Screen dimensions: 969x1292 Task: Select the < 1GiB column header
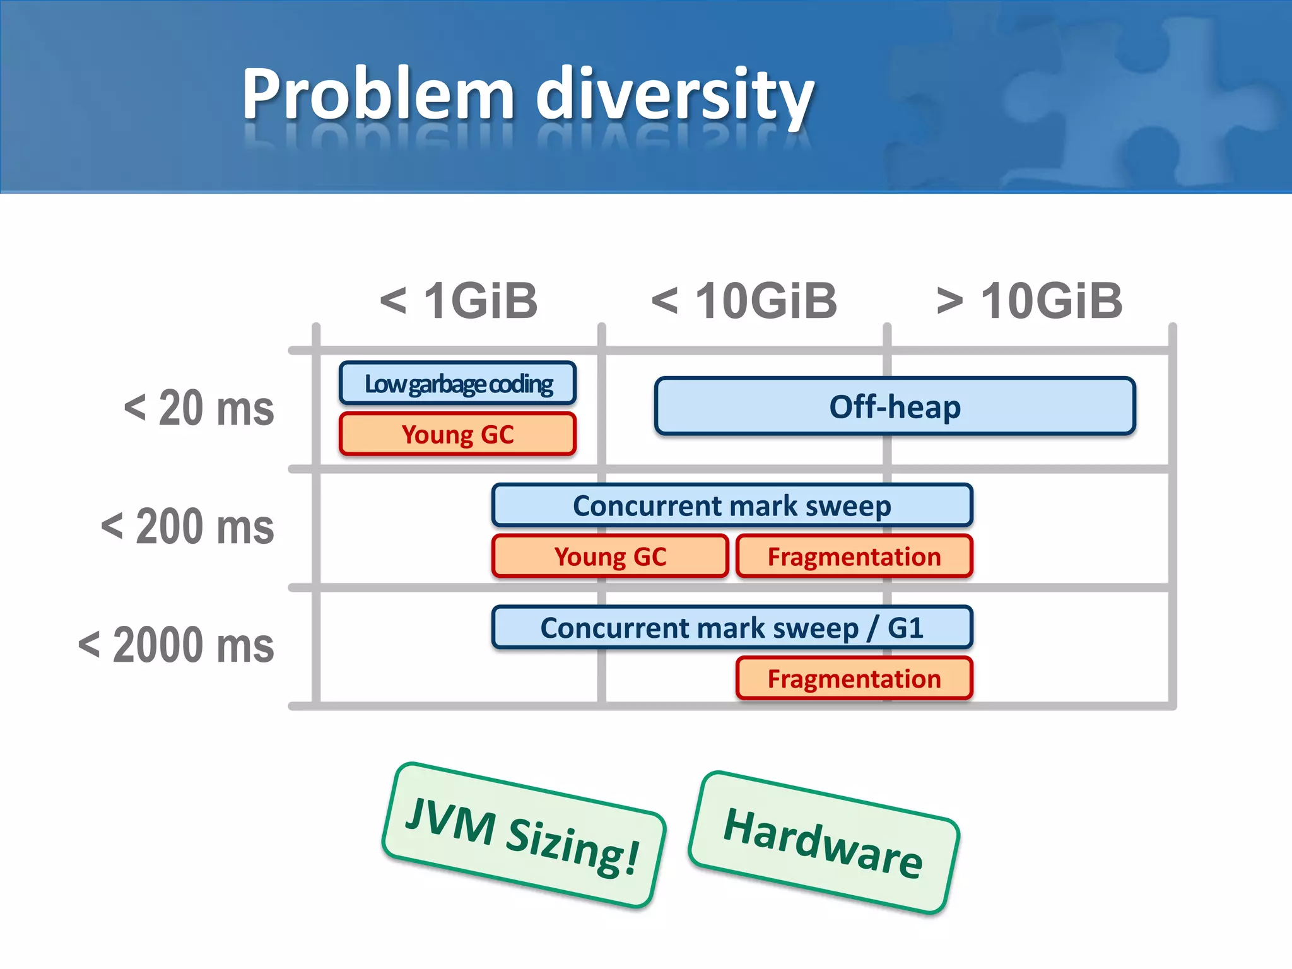(x=459, y=301)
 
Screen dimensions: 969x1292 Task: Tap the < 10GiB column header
(x=744, y=301)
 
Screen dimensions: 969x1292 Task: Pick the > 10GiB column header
(x=1030, y=301)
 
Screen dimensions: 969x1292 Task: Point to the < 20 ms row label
(x=199, y=408)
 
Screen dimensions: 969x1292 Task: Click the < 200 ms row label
(x=188, y=527)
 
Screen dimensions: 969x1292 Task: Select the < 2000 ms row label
(x=176, y=645)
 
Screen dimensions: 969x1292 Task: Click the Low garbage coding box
(x=458, y=384)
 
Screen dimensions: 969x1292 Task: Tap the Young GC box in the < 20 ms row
(x=458, y=434)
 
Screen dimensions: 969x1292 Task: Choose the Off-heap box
(x=895, y=406)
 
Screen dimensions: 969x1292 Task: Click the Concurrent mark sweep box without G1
(x=732, y=505)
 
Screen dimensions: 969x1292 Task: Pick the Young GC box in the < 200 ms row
(x=610, y=556)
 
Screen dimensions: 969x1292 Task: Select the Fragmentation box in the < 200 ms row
(x=854, y=556)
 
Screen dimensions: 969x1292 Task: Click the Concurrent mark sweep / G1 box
(x=732, y=628)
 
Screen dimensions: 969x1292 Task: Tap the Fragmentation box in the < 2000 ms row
(x=854, y=679)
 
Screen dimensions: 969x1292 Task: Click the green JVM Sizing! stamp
(x=523, y=836)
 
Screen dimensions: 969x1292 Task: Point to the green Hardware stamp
(x=823, y=843)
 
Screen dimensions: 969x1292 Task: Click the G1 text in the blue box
(x=905, y=628)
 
